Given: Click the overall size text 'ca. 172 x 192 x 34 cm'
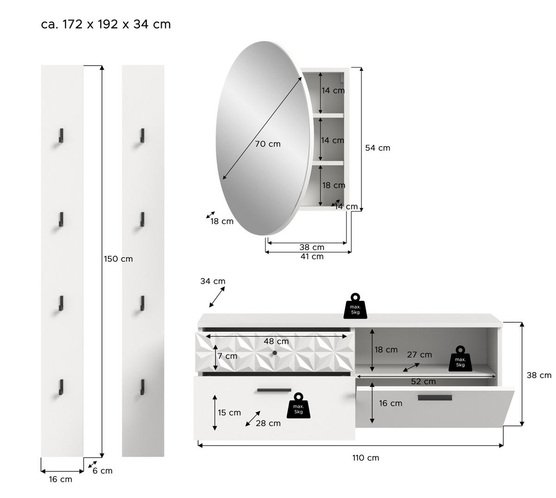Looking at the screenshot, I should click(x=106, y=24).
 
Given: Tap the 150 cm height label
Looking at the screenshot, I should click(x=118, y=259).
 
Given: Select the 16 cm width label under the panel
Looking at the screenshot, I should click(x=61, y=479).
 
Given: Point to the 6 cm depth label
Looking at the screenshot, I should click(x=102, y=471).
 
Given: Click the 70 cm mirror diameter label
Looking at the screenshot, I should click(x=268, y=144).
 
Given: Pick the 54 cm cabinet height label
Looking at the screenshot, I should click(x=378, y=148).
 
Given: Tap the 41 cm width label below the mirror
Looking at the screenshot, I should click(x=311, y=257).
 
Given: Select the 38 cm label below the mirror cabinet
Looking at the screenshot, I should click(x=311, y=247).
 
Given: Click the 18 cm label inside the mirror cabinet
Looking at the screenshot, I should click(x=334, y=185).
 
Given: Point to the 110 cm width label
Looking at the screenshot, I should click(x=366, y=458).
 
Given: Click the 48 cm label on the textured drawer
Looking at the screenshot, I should click(x=276, y=341).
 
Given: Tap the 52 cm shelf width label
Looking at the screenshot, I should click(x=423, y=382).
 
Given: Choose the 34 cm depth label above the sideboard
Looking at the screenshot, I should click(x=213, y=281).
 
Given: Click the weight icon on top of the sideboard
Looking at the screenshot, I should click(x=355, y=306).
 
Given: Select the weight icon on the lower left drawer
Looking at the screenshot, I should click(x=298, y=406).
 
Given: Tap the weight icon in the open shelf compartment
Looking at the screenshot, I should click(x=460, y=359).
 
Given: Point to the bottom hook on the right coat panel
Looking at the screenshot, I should click(x=142, y=387).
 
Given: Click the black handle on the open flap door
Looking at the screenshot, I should click(x=435, y=397).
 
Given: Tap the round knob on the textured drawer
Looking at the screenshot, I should click(x=275, y=353).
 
